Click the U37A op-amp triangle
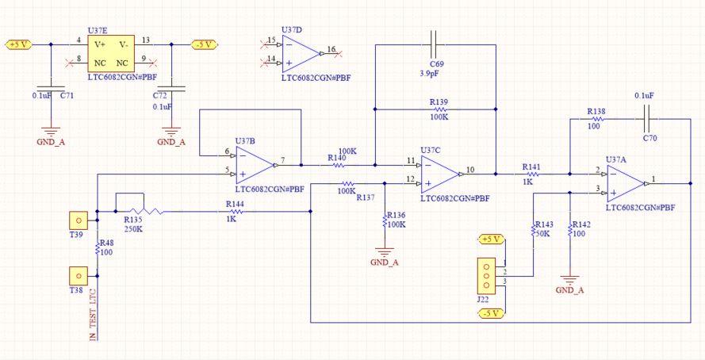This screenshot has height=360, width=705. tap(626, 182)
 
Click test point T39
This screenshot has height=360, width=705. tap(78, 220)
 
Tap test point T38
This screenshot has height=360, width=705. tap(78, 275)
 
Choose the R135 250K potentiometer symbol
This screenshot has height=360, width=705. tap(143, 211)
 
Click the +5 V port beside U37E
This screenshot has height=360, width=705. tap(18, 44)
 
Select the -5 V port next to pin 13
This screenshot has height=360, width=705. tap(205, 44)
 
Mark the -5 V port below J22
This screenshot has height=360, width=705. tap(491, 313)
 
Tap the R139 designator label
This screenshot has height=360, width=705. tap(439, 102)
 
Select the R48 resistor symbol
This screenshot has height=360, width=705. tap(97, 249)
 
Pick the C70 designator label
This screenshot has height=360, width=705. tap(649, 139)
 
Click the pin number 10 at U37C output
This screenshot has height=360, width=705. tap(471, 169)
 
